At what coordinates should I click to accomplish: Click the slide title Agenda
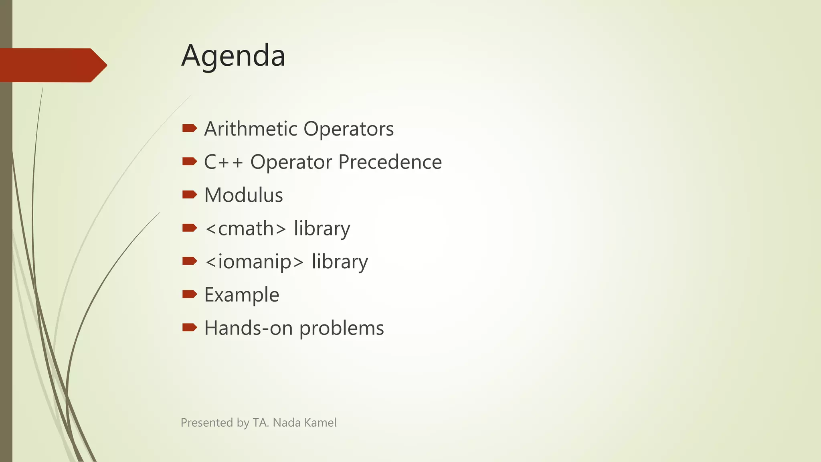233,56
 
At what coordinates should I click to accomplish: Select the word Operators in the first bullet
348,129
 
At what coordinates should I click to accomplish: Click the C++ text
223,162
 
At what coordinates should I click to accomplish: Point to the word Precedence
390,162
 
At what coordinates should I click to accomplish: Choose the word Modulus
243,195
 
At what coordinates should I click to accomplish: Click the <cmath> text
245,229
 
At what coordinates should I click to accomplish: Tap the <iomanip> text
254,262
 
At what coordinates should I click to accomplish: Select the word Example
241,295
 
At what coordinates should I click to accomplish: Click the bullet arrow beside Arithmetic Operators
189,128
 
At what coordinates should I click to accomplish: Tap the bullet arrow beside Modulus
189,195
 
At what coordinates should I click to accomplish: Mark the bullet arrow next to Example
189,294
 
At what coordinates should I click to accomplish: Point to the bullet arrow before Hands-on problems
189,328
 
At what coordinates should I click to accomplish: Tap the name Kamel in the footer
320,423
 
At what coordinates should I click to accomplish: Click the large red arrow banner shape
52,65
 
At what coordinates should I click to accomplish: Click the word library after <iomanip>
340,262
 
